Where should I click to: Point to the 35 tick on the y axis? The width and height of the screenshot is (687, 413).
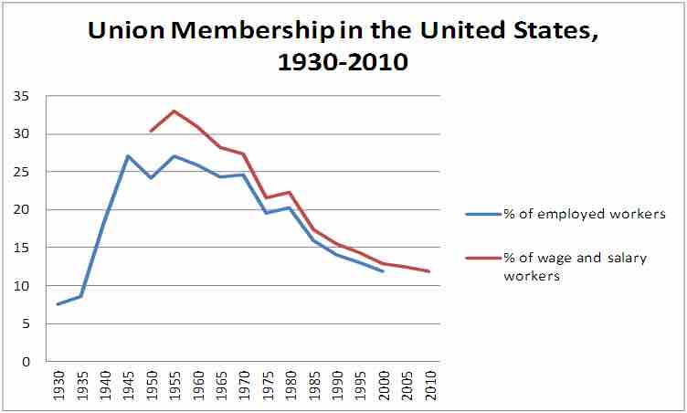point(21,96)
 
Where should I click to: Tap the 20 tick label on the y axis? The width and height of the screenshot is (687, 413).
point(21,210)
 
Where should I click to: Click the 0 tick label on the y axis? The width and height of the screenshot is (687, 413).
point(25,362)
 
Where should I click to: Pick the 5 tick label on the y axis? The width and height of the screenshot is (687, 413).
point(25,323)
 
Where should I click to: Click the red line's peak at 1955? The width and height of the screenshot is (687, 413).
point(174,111)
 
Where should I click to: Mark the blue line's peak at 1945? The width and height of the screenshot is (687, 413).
point(127,156)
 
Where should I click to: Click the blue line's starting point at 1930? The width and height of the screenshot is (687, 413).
point(58,304)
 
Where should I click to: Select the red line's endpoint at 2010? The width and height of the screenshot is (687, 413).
point(428,271)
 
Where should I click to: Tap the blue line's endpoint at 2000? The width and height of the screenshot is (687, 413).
point(382,271)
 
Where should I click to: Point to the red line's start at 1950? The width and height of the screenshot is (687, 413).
point(151,132)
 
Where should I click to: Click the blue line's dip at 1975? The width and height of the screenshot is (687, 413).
point(266,213)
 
